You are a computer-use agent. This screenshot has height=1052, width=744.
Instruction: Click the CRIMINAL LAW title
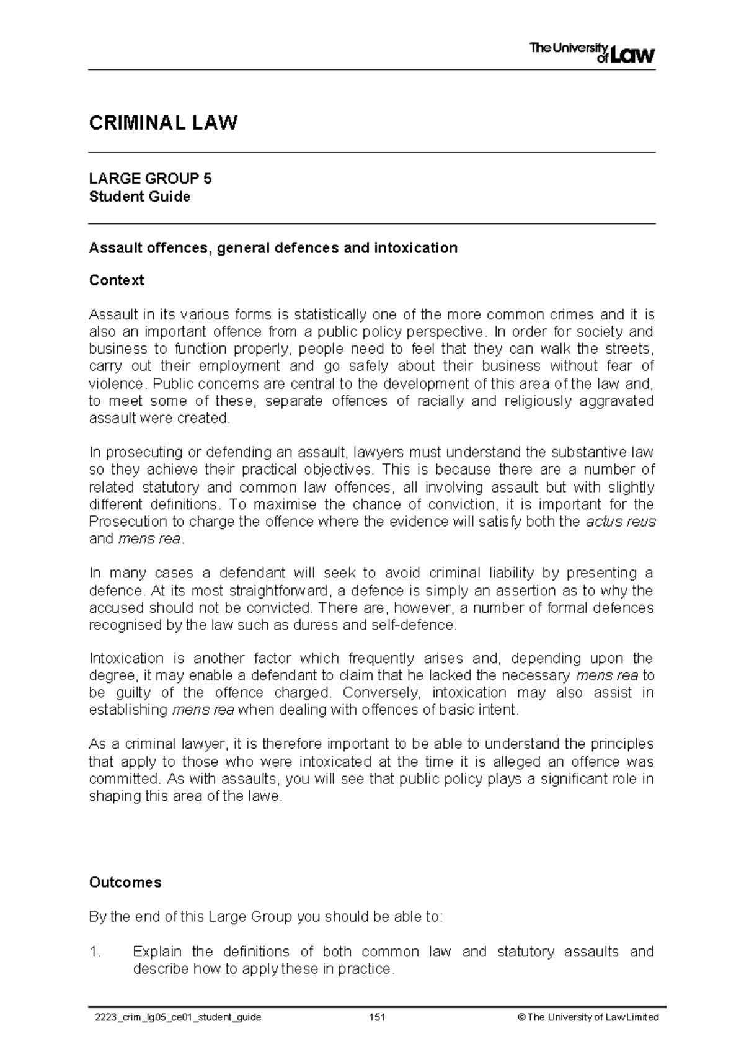pyautogui.click(x=163, y=123)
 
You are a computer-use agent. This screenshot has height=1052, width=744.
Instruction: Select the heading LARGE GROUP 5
pyautogui.click(x=150, y=179)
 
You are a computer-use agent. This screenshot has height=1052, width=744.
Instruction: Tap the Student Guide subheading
pyautogui.click(x=139, y=197)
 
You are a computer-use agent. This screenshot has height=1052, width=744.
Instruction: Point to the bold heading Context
pyautogui.click(x=117, y=280)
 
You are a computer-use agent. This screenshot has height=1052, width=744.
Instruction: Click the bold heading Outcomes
pyautogui.click(x=125, y=882)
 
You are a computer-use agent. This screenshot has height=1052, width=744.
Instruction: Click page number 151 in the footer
pyautogui.click(x=377, y=1017)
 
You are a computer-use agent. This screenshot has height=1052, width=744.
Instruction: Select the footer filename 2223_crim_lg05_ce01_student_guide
pyautogui.click(x=175, y=1017)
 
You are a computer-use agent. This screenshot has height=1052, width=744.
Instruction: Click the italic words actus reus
pyautogui.click(x=620, y=521)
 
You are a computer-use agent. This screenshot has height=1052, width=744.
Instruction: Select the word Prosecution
pyautogui.click(x=128, y=521)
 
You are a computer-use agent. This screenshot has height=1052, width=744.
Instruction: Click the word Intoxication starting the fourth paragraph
pyautogui.click(x=125, y=658)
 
